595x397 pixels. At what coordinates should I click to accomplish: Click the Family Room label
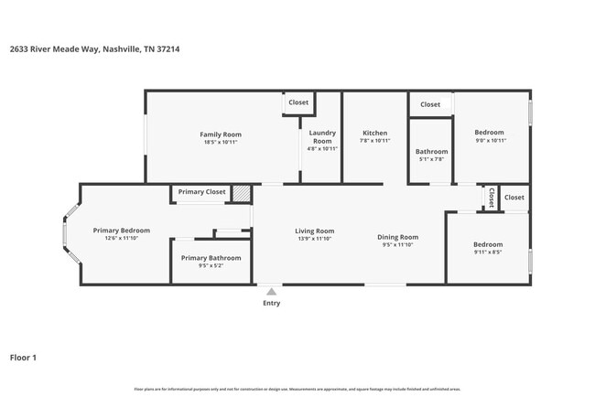(220, 134)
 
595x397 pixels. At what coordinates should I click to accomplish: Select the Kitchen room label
(374, 132)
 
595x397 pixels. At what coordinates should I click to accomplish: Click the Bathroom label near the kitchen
(431, 151)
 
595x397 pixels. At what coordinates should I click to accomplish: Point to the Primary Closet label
(201, 192)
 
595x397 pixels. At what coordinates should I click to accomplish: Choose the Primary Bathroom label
(211, 258)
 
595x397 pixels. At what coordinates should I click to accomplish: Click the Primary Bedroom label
(121, 231)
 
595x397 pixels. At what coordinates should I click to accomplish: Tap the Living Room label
(314, 231)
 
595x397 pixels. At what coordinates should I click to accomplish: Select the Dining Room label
(397, 237)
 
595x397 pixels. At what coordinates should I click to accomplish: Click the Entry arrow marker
(271, 292)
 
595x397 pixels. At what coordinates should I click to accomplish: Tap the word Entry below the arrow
(272, 303)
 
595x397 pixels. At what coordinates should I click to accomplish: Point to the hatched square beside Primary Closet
(241, 193)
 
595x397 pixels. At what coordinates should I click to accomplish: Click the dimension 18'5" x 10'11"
(220, 142)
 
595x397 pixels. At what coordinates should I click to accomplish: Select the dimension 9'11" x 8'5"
(487, 252)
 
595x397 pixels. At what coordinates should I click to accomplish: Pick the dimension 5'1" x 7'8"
(431, 159)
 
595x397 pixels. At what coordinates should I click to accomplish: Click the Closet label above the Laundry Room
(298, 102)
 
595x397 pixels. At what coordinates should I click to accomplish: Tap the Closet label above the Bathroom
(430, 104)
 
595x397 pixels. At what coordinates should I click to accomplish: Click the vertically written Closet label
(492, 198)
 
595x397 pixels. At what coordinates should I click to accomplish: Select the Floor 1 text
(23, 357)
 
